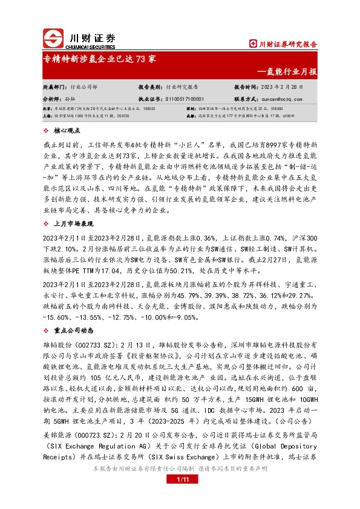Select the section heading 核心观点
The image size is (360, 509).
tap(67, 130)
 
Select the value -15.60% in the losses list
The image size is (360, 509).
tap(56, 317)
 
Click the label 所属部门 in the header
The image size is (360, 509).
tap(55, 87)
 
